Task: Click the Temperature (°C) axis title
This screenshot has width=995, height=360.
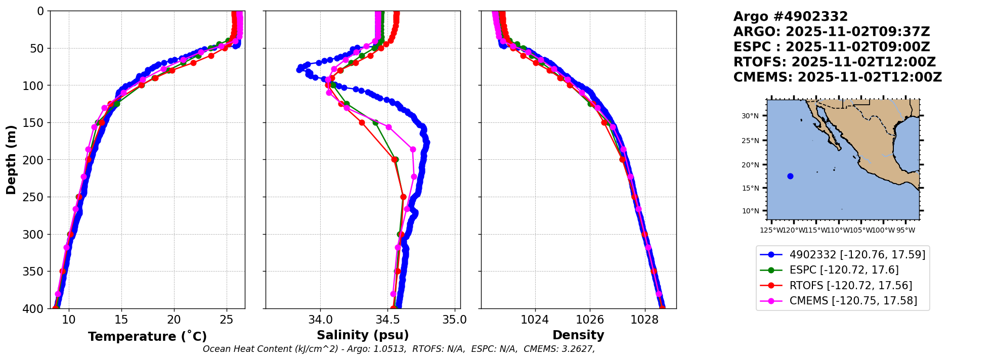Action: point(147,337)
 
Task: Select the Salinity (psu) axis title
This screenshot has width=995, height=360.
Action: point(363,335)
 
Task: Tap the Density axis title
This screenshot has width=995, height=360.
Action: point(578,335)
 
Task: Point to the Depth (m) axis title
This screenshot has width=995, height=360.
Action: point(11,160)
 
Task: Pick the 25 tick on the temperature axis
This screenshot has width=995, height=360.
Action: point(227,320)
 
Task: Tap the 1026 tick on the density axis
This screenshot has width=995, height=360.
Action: point(590,320)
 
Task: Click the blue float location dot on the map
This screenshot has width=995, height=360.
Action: point(790,176)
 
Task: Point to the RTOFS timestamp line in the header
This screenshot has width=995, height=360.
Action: point(835,62)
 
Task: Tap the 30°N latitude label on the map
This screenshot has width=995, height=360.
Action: point(750,116)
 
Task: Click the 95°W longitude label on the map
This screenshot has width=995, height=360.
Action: point(905,231)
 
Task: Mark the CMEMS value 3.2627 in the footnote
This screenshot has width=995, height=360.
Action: point(577,349)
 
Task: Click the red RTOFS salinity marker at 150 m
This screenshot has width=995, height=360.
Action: point(362,122)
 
